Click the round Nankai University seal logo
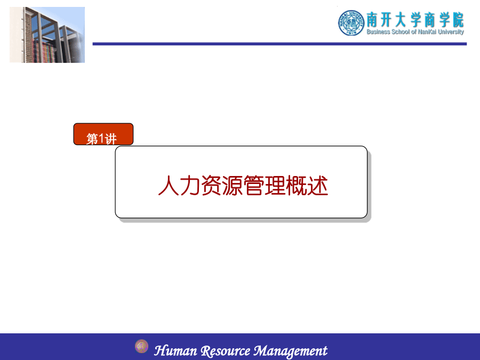(x=351, y=22)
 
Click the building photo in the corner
(x=47, y=35)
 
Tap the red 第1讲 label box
(x=103, y=134)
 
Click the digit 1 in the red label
(x=101, y=139)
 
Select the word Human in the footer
(x=175, y=350)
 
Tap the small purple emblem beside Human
(x=141, y=346)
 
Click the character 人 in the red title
(x=169, y=186)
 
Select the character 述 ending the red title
(x=318, y=186)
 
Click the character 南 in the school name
(x=372, y=20)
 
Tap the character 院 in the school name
(x=458, y=20)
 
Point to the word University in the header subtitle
(x=451, y=32)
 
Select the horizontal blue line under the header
(x=279, y=44)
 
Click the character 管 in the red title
(x=254, y=186)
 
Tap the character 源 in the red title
(x=233, y=186)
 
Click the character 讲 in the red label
(x=110, y=139)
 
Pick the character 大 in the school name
(x=401, y=20)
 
